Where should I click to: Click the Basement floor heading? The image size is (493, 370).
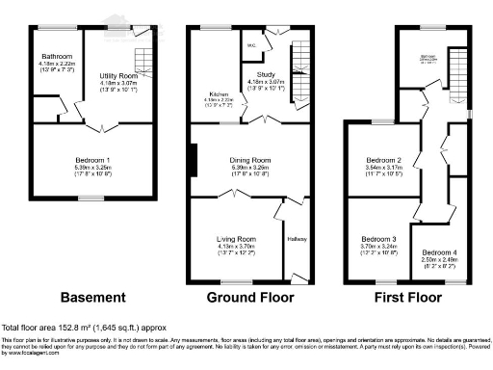tap(93, 297)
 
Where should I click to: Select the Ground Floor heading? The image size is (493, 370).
tap(251, 297)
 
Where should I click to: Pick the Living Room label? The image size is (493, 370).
tap(237, 236)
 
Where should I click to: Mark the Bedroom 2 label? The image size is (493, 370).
tap(382, 160)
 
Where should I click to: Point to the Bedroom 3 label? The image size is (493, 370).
tap(378, 238)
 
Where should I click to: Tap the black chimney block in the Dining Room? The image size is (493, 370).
tap(195, 159)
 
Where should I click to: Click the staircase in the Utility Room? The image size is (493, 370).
tap(142, 52)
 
